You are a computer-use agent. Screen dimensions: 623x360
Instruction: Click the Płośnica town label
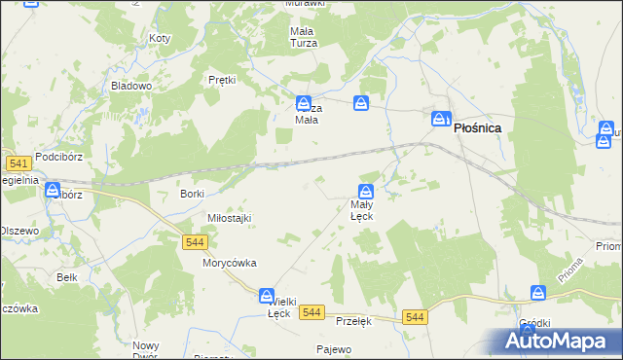pyautogui.click(x=477, y=126)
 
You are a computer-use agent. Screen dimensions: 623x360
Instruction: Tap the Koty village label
pyautogui.click(x=160, y=38)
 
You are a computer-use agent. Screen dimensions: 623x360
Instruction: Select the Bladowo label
pyautogui.click(x=131, y=86)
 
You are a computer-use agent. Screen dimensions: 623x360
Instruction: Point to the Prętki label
pyautogui.click(x=223, y=80)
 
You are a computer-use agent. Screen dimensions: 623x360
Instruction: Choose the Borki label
pyautogui.click(x=191, y=194)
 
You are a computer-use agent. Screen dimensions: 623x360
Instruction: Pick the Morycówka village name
pyautogui.click(x=229, y=263)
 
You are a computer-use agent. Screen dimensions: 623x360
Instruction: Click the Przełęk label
pyautogui.click(x=353, y=321)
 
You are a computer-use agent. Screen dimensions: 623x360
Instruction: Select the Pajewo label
pyautogui.click(x=333, y=348)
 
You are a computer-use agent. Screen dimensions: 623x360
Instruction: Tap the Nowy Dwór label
pyautogui.click(x=146, y=350)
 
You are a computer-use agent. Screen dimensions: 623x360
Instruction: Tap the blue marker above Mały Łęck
pyautogui.click(x=366, y=192)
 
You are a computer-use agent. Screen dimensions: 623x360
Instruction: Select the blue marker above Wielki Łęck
pyautogui.click(x=266, y=295)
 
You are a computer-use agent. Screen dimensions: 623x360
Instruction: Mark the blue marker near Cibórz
pyautogui.click(x=51, y=190)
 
